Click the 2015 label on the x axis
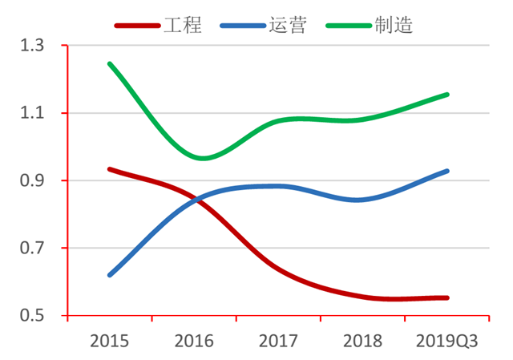[109, 341]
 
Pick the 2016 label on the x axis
[193, 341]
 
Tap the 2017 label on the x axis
[278, 341]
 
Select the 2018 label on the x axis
[362, 341]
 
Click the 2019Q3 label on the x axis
[447, 341]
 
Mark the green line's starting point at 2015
[109, 63]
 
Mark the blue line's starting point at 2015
[109, 275]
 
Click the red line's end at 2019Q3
[447, 297]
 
